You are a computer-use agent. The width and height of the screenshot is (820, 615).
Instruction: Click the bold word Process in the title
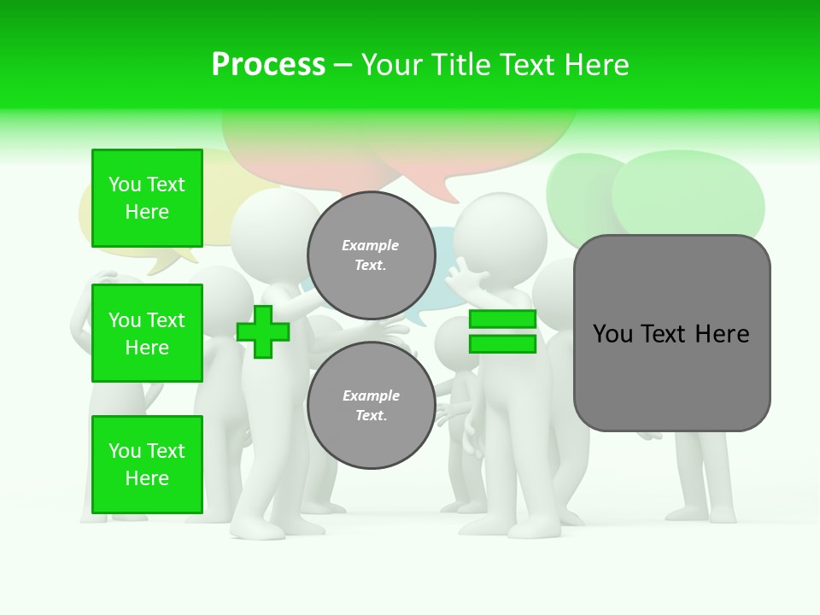pos(268,64)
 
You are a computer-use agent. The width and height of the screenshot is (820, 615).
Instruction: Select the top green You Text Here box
pos(147,198)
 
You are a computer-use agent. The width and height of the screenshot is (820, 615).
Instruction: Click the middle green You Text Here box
pos(147,333)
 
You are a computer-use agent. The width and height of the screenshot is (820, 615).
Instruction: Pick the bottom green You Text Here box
pos(147,465)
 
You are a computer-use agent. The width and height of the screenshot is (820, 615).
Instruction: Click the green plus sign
pos(263,331)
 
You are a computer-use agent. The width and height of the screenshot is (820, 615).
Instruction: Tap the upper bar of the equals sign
pos(502,319)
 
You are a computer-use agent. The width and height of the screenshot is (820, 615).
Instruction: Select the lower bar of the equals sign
pos(502,344)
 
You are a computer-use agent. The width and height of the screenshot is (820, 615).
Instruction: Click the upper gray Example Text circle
pos(371,255)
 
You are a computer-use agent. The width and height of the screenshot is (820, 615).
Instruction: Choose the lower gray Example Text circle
pos(371,406)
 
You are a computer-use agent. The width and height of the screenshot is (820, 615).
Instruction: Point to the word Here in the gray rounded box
pos(723,334)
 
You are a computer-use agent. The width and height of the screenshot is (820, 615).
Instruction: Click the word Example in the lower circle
pos(371,395)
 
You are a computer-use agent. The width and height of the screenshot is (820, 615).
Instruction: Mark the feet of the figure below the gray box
pos(700,513)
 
